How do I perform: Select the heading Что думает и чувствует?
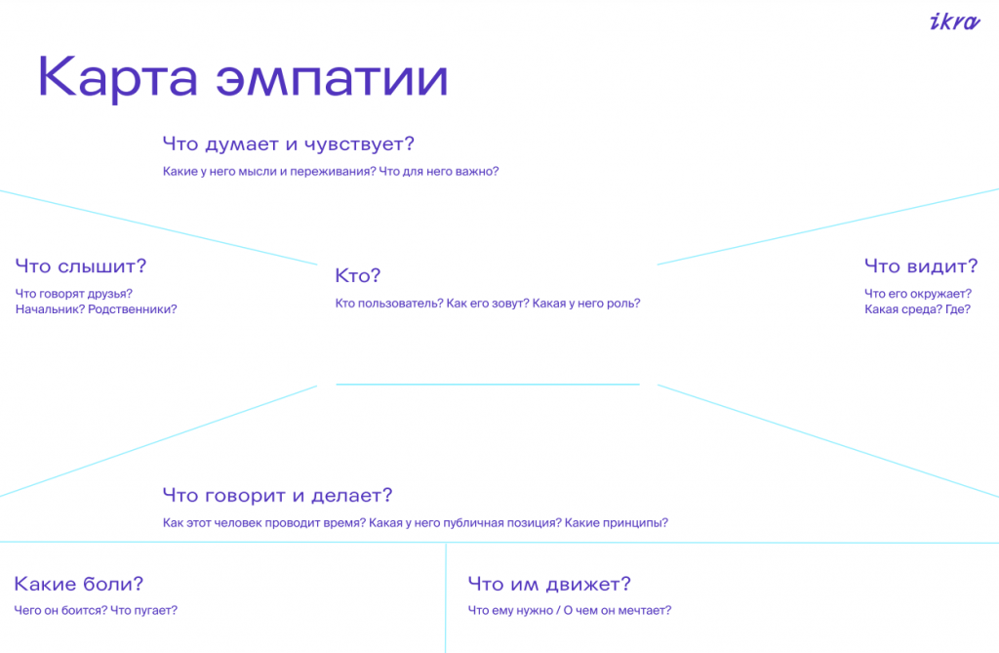click(x=288, y=143)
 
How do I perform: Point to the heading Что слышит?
click(x=81, y=266)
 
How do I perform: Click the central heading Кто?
click(x=357, y=275)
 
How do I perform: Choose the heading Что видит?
click(x=921, y=265)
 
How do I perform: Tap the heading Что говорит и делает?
click(x=277, y=496)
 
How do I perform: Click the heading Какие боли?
click(x=79, y=584)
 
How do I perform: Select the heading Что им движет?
click(x=549, y=584)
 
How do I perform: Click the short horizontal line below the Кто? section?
click(x=488, y=385)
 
